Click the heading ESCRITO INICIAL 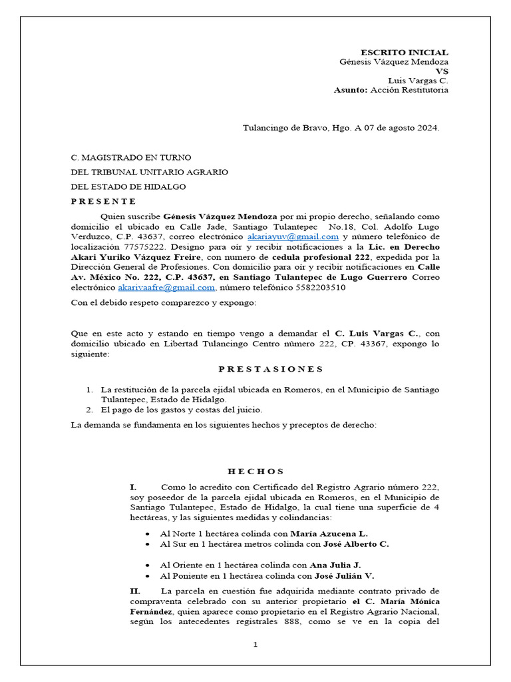pyautogui.click(x=404, y=52)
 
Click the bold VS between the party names pyautogui.click(x=442, y=71)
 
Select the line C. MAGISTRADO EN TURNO pyautogui.click(x=131, y=157)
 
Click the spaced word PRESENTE pyautogui.click(x=103, y=201)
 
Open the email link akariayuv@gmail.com pyautogui.click(x=293, y=236)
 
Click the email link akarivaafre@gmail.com pyautogui.click(x=166, y=287)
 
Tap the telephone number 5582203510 pyautogui.click(x=321, y=287)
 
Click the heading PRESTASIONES pyautogui.click(x=271, y=369)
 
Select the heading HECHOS pyautogui.click(x=255, y=472)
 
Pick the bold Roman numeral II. pyautogui.click(x=135, y=591)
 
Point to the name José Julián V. pyautogui.click(x=341, y=575)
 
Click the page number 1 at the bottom pyautogui.click(x=255, y=645)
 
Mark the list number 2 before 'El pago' pyautogui.click(x=90, y=410)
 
